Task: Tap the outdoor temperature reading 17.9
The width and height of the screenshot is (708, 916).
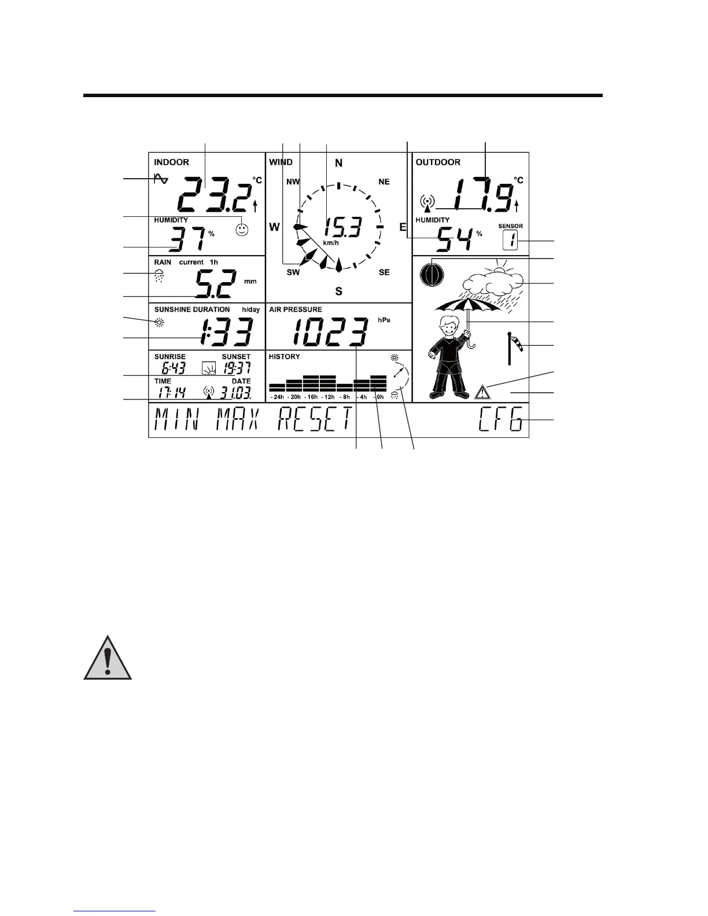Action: tap(482, 194)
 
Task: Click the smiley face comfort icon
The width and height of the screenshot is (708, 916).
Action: tap(242, 230)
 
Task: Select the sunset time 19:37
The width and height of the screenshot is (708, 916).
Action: tap(237, 368)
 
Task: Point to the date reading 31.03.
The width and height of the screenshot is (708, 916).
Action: tap(235, 393)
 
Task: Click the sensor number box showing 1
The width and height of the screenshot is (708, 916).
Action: tap(511, 239)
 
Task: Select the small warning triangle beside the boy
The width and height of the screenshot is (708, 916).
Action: tap(481, 393)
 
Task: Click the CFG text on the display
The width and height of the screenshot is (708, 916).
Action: tap(502, 420)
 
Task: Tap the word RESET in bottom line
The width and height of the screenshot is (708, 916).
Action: tap(315, 420)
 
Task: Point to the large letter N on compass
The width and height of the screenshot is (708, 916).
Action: tap(339, 163)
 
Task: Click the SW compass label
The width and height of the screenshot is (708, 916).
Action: tap(293, 272)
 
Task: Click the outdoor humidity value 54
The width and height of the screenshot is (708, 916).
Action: tap(453, 239)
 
